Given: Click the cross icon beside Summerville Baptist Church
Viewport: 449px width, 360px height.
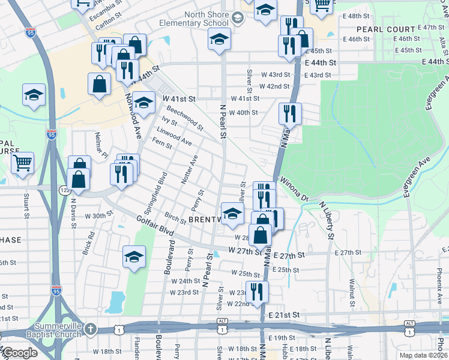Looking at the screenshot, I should coord(90,329).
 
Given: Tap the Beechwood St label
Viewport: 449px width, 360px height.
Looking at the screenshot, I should coord(185,118).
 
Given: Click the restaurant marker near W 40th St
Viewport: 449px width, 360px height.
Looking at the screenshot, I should coord(290,112).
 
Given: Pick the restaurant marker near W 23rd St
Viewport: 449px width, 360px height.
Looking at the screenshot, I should coord(257,292).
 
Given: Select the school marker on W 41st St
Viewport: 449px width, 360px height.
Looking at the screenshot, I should coord(143,101).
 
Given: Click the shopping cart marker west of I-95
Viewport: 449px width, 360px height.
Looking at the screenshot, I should coord(22,162).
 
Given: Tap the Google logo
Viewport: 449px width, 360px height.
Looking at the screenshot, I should coord(19,353).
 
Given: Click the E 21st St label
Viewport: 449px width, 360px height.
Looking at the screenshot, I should coord(284,315).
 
